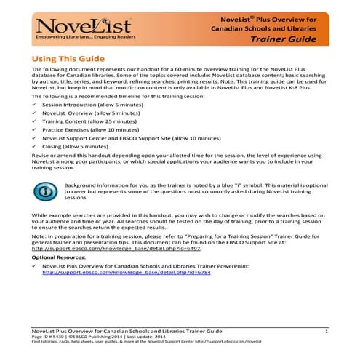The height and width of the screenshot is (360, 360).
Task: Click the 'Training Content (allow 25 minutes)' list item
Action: point(85,125)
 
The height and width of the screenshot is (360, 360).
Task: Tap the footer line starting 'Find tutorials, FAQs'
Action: point(138,344)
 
